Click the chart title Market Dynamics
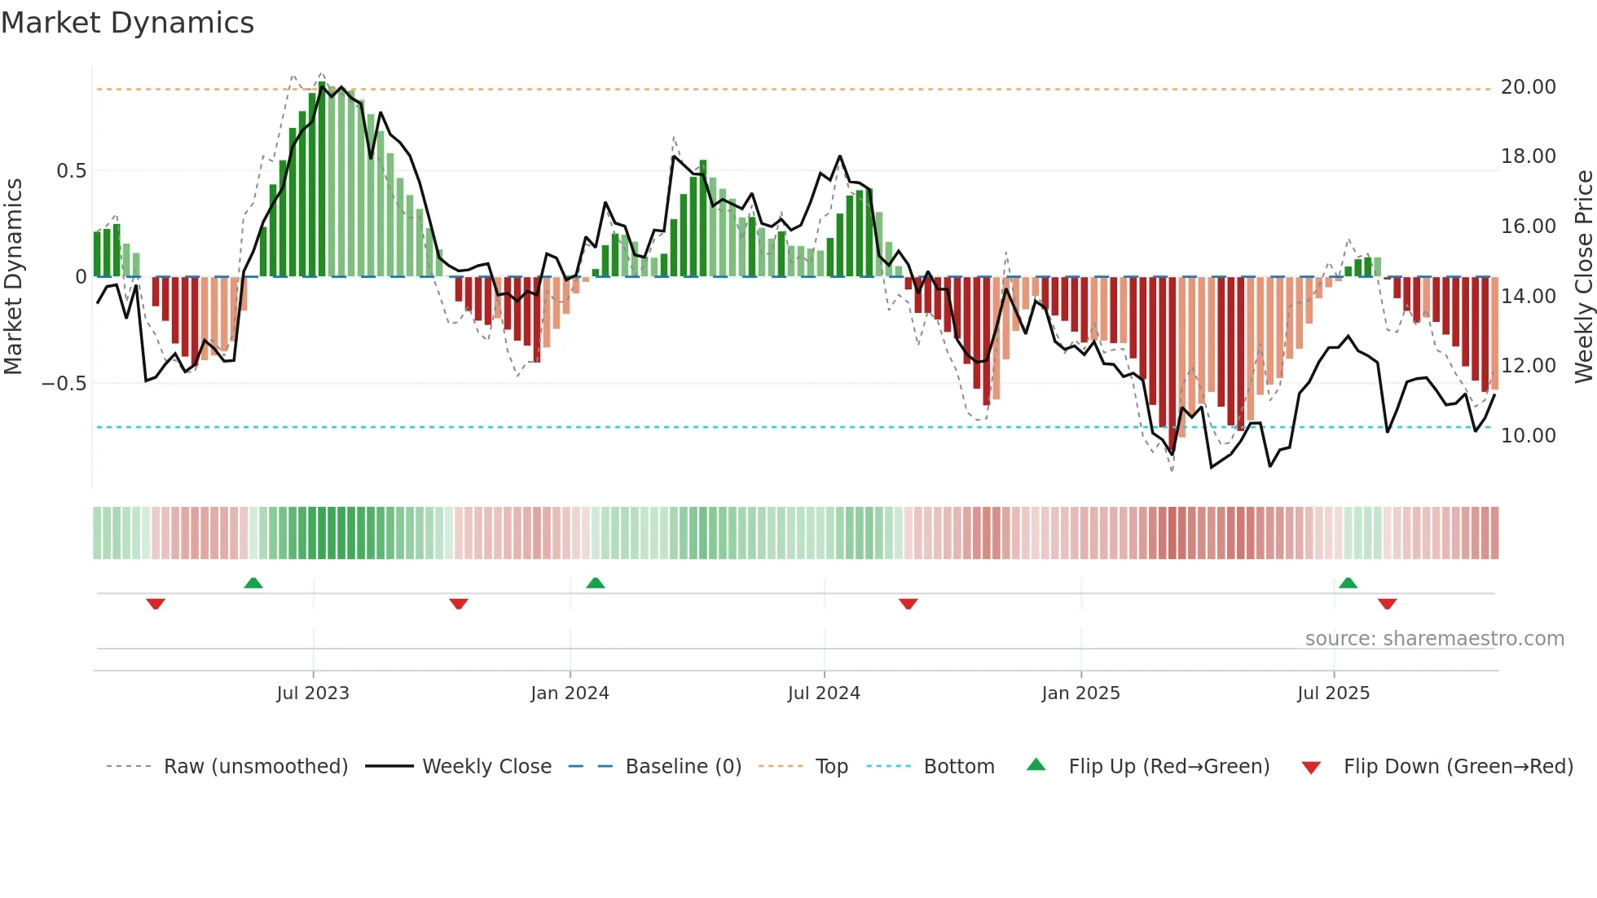click(128, 23)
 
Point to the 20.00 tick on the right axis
click(1528, 87)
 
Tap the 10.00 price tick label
click(1528, 436)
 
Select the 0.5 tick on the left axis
click(71, 171)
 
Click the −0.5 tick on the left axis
click(64, 384)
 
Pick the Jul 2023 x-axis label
click(313, 693)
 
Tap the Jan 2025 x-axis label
click(1080, 693)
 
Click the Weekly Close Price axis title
click(1583, 277)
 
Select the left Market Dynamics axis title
click(13, 277)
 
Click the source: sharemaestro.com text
click(1434, 639)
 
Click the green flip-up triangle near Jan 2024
click(596, 583)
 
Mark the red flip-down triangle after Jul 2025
click(1388, 604)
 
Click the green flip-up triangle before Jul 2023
click(253, 583)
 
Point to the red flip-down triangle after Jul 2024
click(908, 604)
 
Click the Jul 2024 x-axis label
click(824, 693)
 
